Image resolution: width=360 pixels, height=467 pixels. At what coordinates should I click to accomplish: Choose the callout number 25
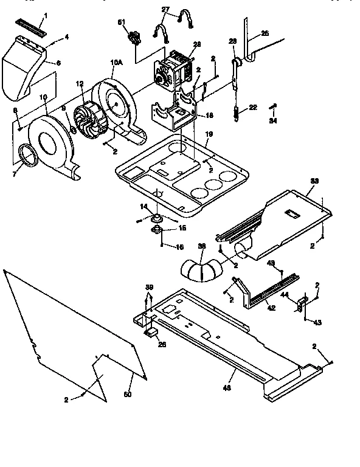click(265, 33)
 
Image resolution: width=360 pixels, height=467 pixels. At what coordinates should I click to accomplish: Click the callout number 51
click(121, 22)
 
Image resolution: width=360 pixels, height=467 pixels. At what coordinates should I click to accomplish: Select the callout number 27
click(166, 9)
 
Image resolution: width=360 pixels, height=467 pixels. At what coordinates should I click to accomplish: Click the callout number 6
click(58, 63)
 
